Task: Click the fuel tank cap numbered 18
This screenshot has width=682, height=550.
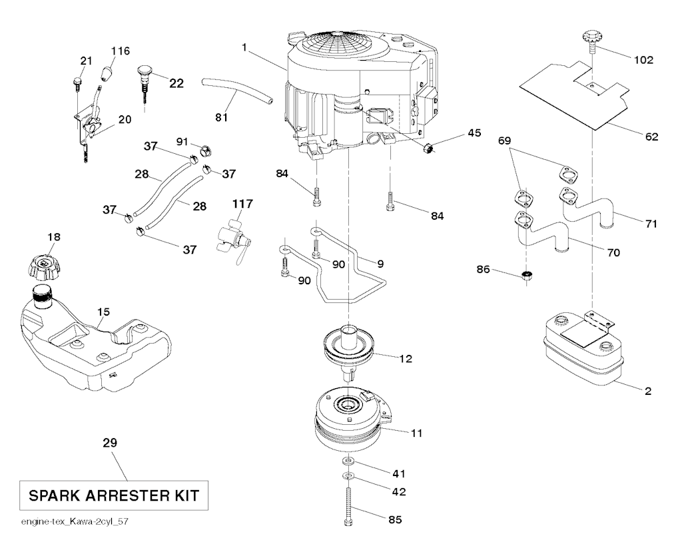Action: coord(43,267)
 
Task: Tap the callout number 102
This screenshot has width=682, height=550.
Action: coord(644,60)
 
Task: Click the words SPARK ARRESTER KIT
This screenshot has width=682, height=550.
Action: coord(109,496)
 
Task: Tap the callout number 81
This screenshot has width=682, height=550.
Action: coord(222,118)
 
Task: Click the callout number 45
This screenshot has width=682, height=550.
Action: coord(474,133)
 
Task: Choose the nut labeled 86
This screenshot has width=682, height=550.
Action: coord(528,275)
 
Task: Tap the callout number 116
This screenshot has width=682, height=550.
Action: coord(121,51)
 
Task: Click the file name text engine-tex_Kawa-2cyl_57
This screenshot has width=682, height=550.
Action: coord(65,521)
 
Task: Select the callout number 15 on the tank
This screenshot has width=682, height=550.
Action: coord(104,311)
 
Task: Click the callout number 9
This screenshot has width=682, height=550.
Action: coord(380,264)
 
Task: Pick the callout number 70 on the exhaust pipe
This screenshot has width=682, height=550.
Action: coord(613,252)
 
